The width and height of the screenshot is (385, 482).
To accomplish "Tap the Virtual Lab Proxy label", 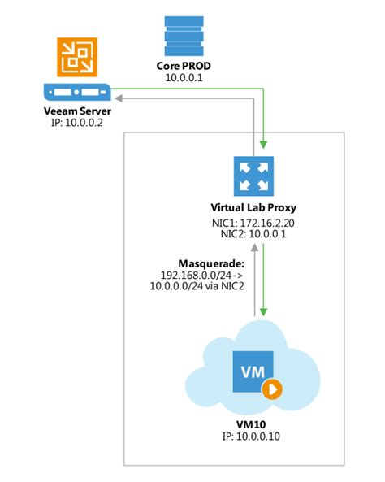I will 256,208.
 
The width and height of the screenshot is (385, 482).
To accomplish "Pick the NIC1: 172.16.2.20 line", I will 256,223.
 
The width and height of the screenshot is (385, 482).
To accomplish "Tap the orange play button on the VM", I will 271,388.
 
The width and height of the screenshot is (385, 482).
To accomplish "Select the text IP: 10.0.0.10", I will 256,439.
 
